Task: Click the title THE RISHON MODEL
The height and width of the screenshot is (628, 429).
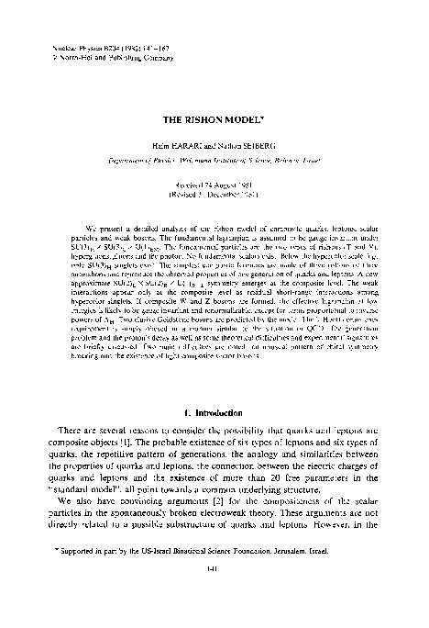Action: click(214, 120)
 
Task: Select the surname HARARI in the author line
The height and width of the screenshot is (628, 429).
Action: click(190, 146)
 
